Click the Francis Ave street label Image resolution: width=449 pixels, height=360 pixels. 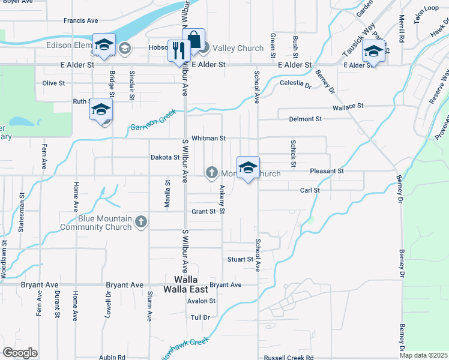tap(80, 20)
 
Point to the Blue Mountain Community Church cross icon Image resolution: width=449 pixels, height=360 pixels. tap(141, 223)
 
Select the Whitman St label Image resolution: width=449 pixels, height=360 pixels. tap(208, 138)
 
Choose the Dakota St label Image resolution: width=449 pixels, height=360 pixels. tap(165, 158)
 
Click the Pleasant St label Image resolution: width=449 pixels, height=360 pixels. tap(327, 171)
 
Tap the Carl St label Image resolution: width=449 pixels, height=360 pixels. tap(310, 190)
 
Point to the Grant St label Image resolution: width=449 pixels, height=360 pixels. tap(203, 211)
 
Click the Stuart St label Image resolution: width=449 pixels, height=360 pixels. tap(240, 259)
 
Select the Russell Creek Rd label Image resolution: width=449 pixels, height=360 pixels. tap(289, 358)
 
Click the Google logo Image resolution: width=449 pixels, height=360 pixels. tap(20, 353)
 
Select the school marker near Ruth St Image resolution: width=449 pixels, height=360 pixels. tap(101, 110)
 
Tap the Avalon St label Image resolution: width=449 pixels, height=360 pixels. tap(201, 301)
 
